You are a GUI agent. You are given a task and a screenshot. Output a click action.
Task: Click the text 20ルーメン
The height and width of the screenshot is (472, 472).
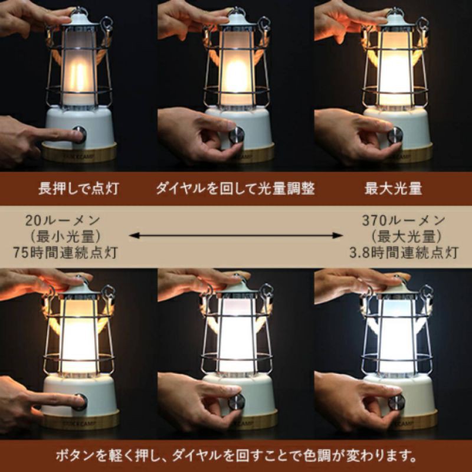(x=65, y=221)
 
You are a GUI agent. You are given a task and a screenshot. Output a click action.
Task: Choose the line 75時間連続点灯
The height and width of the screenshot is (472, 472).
(x=65, y=253)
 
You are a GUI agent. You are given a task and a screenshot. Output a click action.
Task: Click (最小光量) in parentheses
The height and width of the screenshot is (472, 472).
(x=65, y=237)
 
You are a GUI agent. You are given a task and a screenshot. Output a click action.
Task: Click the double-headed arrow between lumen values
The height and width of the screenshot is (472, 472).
(x=236, y=235)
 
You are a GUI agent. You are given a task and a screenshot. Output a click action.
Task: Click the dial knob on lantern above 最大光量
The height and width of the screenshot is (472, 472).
(x=395, y=135)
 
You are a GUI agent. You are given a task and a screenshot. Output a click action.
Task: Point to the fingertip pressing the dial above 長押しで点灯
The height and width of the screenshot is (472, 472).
(x=74, y=134)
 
